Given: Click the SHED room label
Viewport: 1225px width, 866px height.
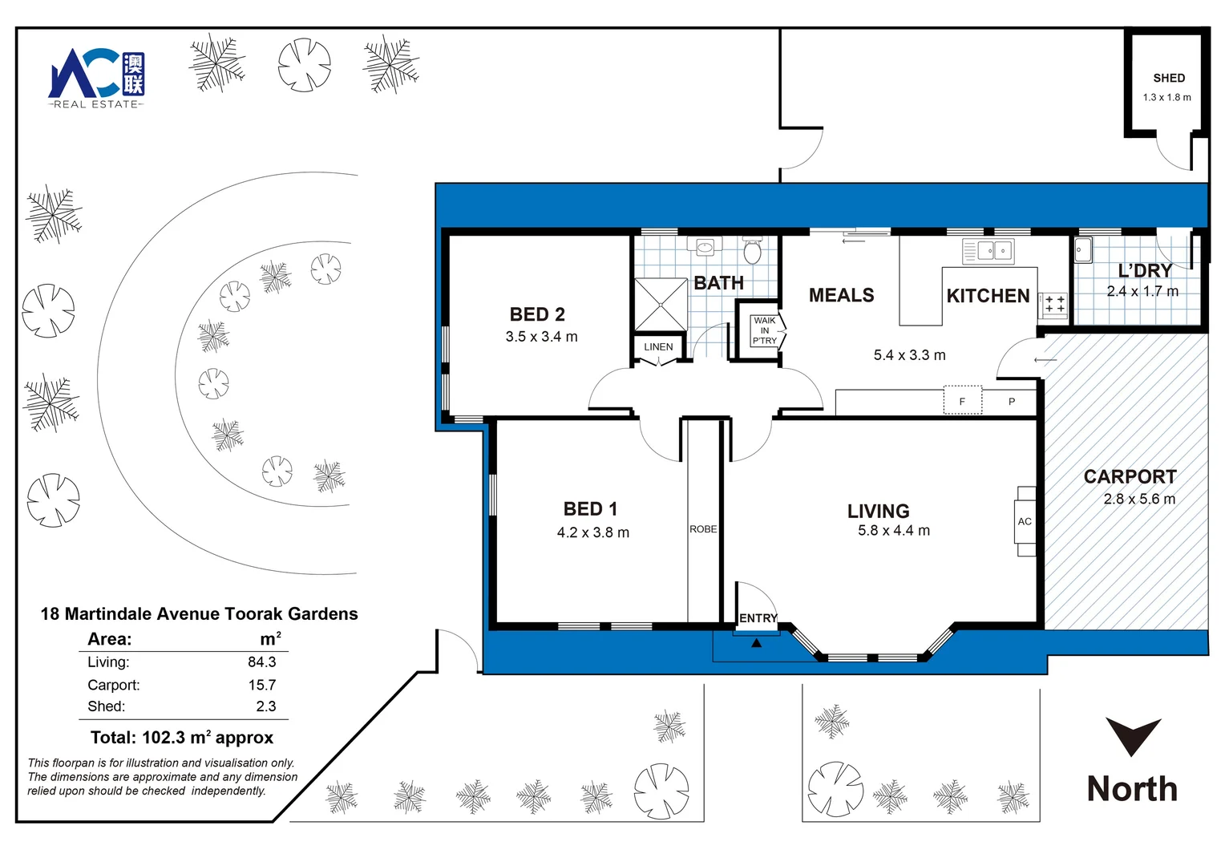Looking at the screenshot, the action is (1169, 79).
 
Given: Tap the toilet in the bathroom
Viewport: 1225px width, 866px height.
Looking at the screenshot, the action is (753, 250).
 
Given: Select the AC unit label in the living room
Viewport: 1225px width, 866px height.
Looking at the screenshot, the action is (1025, 522).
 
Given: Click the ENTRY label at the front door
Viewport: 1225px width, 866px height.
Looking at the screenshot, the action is (758, 618).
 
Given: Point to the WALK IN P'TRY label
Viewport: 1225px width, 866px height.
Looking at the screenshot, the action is (765, 330).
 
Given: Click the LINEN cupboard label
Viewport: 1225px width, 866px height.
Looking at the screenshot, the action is (658, 347).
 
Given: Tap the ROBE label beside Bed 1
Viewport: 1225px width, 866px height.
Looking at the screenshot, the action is (703, 529).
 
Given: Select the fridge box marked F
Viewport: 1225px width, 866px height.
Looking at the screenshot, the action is (963, 400).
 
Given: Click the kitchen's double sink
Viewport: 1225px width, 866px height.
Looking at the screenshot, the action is (988, 251).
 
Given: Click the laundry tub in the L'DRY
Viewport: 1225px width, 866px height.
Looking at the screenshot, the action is (1083, 250).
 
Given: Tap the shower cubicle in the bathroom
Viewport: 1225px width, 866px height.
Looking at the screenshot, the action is (661, 305).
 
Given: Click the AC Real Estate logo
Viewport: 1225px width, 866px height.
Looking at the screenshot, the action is (96, 79).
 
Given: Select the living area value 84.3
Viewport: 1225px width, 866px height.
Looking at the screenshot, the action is (262, 662).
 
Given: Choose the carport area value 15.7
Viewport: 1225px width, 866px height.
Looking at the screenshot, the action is (262, 685).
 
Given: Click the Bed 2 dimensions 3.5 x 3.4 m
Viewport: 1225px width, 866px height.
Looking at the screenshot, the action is (541, 337).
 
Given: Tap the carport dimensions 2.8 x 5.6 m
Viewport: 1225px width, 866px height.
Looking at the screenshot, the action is (1139, 499).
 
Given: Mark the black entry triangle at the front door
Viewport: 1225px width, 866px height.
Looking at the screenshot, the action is (756, 643).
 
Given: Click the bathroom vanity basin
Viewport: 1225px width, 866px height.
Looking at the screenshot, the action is (705, 247).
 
